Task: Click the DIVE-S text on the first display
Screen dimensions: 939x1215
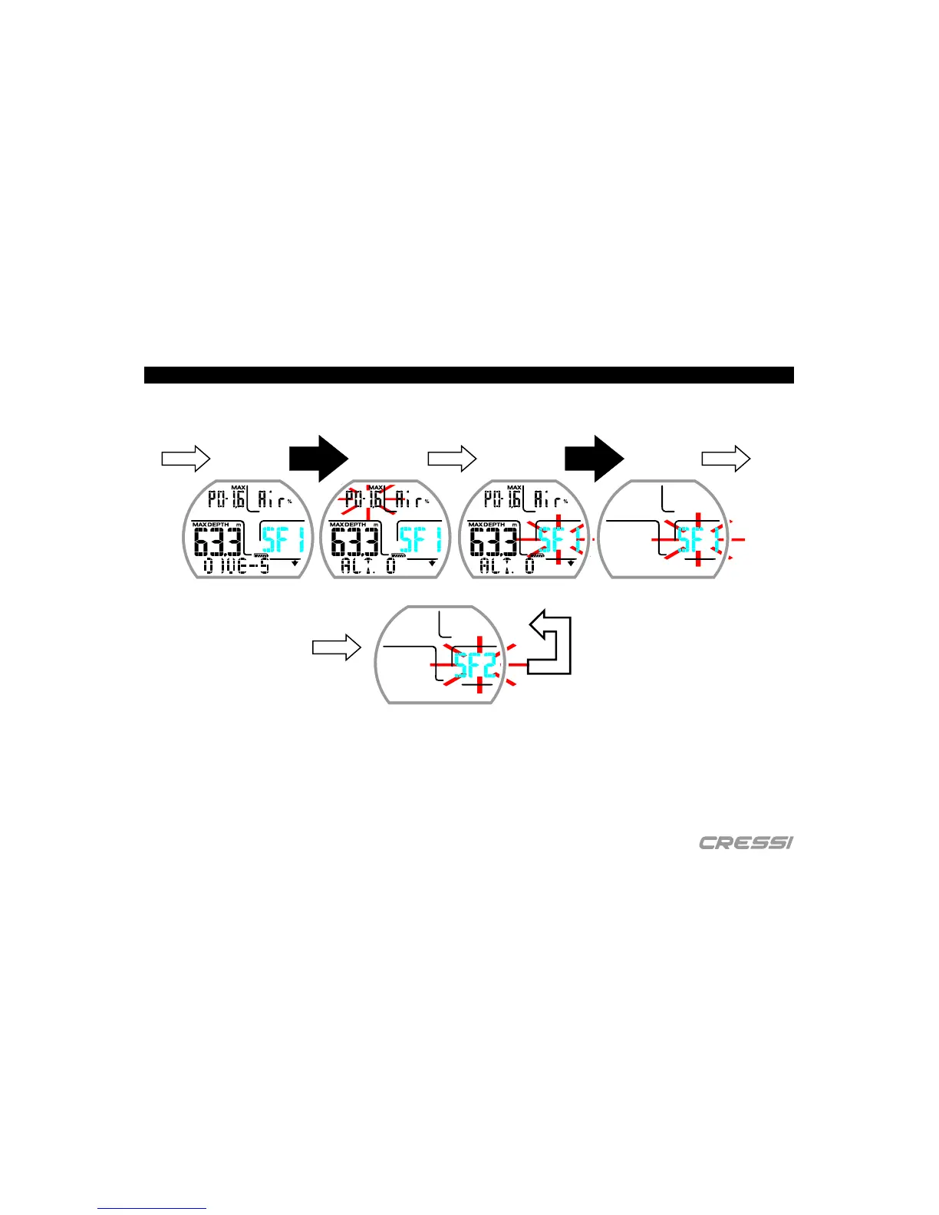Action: tap(236, 567)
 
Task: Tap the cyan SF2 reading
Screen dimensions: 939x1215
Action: tap(475, 664)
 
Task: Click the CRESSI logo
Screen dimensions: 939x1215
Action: tap(746, 843)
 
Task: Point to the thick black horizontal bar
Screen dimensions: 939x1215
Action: tap(469, 375)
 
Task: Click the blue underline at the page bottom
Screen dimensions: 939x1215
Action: tap(152, 1208)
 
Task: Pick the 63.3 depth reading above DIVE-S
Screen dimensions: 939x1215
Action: tap(218, 542)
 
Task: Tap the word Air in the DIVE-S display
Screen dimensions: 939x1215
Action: tap(273, 500)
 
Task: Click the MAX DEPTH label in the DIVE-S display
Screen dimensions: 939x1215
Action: tap(210, 525)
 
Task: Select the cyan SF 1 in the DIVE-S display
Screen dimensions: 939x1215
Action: tap(283, 539)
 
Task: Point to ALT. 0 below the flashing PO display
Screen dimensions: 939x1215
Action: tap(368, 567)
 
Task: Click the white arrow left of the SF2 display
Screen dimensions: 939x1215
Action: tap(336, 647)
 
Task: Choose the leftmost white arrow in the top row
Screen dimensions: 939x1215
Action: tap(186, 459)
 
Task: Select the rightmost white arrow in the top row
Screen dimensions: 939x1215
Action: tap(726, 459)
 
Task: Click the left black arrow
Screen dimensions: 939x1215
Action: tap(319, 459)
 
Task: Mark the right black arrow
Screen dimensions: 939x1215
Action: tap(595, 459)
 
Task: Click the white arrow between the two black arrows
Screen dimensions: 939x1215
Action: tap(452, 459)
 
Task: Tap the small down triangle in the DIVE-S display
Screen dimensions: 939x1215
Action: tap(295, 563)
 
